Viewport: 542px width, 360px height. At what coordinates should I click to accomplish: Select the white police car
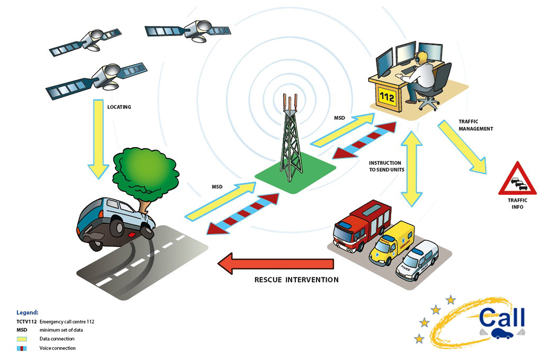(x=418, y=259)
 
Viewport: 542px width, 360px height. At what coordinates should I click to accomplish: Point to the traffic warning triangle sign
(x=517, y=181)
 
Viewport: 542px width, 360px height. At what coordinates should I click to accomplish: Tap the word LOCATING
(x=119, y=107)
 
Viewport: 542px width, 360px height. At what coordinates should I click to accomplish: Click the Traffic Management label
(x=476, y=125)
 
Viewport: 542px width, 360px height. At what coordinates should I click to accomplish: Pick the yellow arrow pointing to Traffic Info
(x=463, y=149)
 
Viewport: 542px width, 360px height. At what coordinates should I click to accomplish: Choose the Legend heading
(x=28, y=312)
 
